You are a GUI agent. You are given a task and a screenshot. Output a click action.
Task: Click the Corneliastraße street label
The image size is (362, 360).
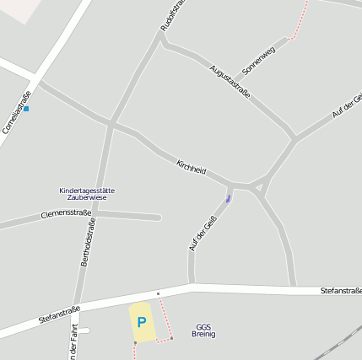click(17, 113)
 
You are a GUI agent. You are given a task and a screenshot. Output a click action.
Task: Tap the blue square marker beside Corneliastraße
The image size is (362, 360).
click(26, 109)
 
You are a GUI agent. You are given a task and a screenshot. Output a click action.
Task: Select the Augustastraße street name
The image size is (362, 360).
click(230, 83)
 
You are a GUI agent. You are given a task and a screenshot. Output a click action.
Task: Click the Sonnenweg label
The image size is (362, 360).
click(258, 58)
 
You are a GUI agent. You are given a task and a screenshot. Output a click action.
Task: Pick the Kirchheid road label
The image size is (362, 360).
click(191, 167)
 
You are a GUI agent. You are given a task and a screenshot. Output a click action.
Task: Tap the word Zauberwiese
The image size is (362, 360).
click(87, 197)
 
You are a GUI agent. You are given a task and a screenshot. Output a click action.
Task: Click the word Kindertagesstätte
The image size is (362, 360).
click(87, 191)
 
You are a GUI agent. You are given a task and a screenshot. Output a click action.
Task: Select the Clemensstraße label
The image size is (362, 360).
click(65, 214)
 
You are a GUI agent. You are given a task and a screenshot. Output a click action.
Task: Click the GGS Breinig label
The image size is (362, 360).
click(203, 330)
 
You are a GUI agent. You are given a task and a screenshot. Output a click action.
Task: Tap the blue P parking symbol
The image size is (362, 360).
click(142, 322)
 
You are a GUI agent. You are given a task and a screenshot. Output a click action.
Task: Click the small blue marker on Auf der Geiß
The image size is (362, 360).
click(228, 198)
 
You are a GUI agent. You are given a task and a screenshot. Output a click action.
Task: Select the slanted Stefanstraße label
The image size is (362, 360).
click(59, 315)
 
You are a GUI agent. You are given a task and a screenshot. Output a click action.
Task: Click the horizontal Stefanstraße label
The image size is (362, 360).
click(341, 290)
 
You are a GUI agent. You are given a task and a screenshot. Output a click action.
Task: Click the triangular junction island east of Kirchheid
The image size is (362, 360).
click(259, 185)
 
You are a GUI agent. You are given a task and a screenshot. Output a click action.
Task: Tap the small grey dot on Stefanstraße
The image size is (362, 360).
click(158, 293)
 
